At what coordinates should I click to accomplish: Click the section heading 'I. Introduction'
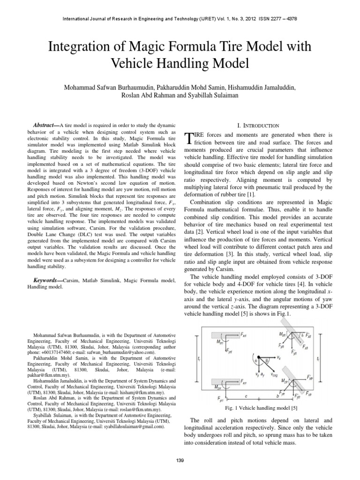[x=259, y=126]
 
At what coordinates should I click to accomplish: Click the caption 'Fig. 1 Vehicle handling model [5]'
[x=259, y=408]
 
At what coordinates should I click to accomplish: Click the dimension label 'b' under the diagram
[x=278, y=396]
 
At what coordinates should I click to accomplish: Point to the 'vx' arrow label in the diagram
[x=279, y=357]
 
